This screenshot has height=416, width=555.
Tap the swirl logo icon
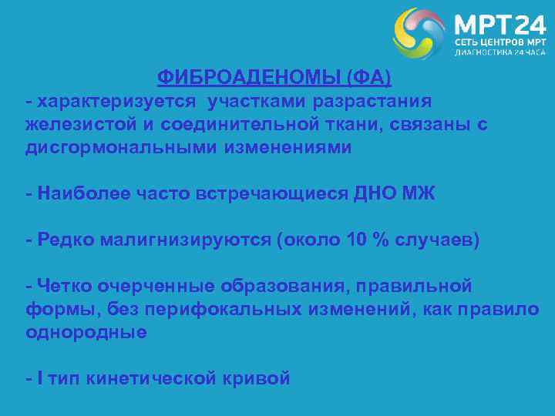click(419, 34)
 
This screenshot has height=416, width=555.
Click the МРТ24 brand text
click(499, 24)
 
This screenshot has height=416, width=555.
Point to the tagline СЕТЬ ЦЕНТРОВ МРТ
click(499, 42)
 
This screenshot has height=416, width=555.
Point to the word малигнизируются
click(175, 240)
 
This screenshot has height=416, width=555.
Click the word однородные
click(86, 333)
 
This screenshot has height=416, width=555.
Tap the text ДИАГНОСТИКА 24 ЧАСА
click(499, 54)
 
